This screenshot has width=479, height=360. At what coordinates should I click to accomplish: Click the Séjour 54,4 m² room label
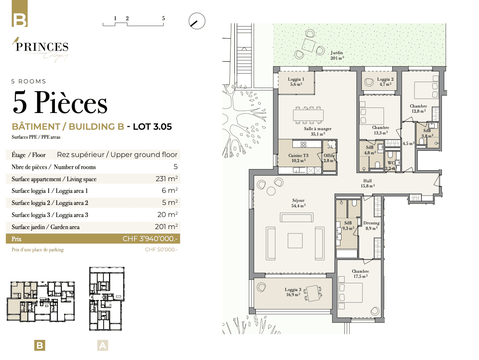point(298,203)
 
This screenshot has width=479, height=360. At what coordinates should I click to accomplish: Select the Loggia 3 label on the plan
point(293,292)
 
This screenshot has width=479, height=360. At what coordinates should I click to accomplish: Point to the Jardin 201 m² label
point(337,55)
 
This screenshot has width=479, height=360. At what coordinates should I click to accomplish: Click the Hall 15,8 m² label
point(368,184)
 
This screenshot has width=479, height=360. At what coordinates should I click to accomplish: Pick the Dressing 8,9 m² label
point(372,226)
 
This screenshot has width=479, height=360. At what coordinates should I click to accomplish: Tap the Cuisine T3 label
point(298,155)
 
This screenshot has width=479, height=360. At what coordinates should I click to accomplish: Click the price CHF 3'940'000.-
point(150,238)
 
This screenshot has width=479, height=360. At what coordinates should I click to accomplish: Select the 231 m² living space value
point(167,178)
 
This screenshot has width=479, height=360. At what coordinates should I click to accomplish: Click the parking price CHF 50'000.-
point(161,249)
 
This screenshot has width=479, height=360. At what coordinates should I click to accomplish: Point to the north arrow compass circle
point(197,21)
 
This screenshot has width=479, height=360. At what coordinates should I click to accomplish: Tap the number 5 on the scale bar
point(163,18)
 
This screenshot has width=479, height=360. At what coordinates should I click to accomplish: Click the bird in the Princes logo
point(16,41)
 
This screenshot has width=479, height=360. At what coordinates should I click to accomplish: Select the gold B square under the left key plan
point(40,345)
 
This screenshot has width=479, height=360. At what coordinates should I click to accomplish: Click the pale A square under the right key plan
point(102,345)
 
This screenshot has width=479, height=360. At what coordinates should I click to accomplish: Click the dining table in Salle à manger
point(308,115)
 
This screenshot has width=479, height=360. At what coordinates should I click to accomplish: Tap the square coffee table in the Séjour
point(295,240)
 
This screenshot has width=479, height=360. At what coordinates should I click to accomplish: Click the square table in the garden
point(308,45)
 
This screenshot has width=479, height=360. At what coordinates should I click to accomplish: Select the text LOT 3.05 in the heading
point(152,127)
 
